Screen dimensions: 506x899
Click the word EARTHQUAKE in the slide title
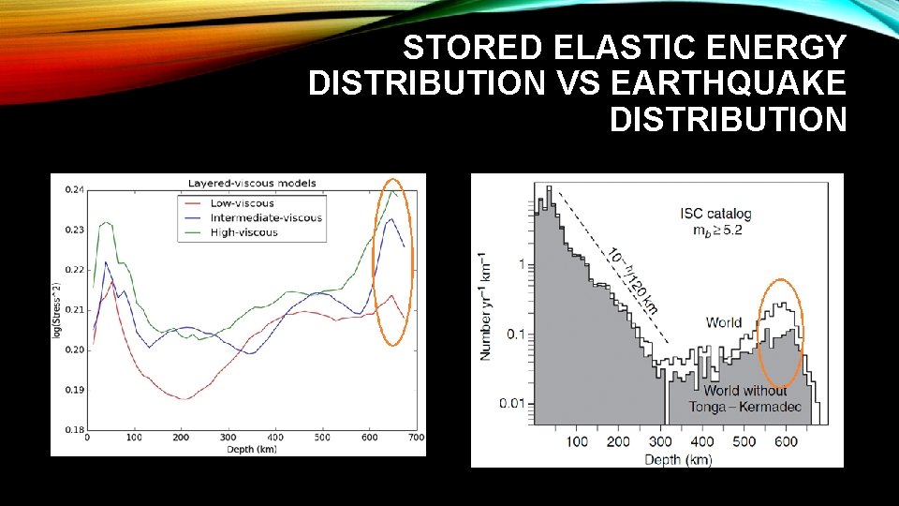[x=727, y=83]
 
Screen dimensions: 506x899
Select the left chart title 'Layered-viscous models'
[x=252, y=183]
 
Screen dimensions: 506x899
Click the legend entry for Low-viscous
[x=242, y=202]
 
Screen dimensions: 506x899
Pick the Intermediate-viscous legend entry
[x=266, y=217]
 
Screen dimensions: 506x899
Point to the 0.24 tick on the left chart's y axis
[x=73, y=189]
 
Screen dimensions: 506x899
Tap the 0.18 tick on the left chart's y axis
[x=73, y=429]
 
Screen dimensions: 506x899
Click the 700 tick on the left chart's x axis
[x=417, y=438]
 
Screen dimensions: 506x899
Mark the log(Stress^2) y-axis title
[x=58, y=310]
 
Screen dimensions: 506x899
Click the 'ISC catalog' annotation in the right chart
[x=715, y=214]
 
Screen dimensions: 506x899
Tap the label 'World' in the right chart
[x=724, y=322]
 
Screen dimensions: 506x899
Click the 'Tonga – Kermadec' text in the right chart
[x=738, y=406]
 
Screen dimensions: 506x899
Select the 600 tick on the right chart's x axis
[x=788, y=441]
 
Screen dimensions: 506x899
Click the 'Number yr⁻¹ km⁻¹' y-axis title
[x=484, y=305]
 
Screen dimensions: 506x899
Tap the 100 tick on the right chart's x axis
[x=577, y=441]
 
